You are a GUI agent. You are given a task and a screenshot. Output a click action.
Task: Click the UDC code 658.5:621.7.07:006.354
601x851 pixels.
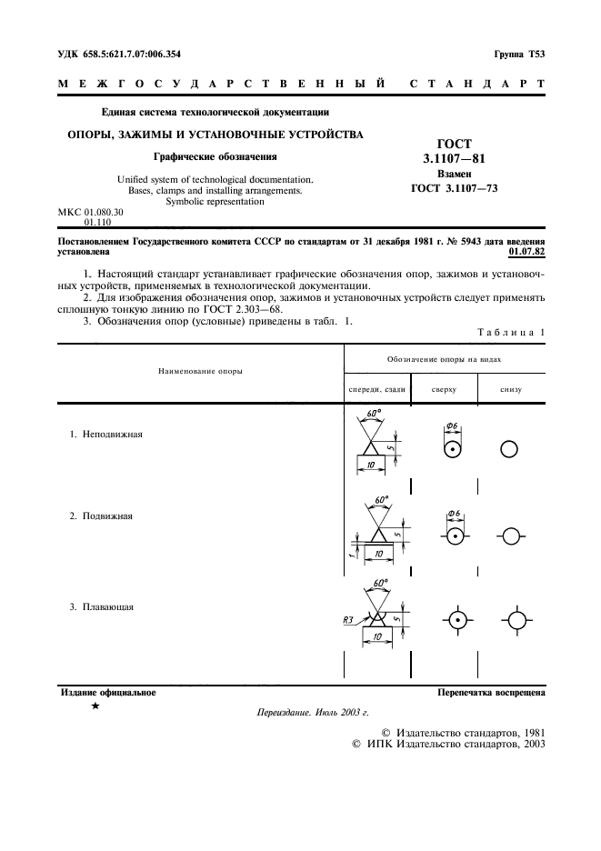click(x=119, y=55)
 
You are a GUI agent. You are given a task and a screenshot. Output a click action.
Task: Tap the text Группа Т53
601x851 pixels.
click(x=519, y=55)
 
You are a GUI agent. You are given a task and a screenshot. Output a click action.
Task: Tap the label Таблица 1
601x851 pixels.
click(x=511, y=332)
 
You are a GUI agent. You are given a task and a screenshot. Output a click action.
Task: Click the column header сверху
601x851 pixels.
click(x=443, y=389)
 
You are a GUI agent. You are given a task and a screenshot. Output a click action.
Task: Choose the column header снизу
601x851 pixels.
click(x=510, y=389)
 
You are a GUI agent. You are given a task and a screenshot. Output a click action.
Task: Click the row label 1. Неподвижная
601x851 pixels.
click(x=106, y=434)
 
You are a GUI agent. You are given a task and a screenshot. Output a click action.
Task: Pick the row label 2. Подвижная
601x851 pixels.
click(x=102, y=516)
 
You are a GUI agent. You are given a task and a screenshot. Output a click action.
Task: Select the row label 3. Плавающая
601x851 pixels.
click(x=102, y=606)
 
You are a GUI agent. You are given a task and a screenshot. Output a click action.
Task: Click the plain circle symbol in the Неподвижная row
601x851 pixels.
click(x=509, y=449)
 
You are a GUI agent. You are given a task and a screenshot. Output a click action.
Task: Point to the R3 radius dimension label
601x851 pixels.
click(x=343, y=620)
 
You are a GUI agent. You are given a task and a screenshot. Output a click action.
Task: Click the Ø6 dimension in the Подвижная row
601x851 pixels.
click(x=455, y=515)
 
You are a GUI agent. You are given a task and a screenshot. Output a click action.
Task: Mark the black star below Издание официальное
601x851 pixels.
click(x=95, y=706)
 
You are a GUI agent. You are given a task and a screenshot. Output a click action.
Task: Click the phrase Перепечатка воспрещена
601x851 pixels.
click(x=491, y=692)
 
